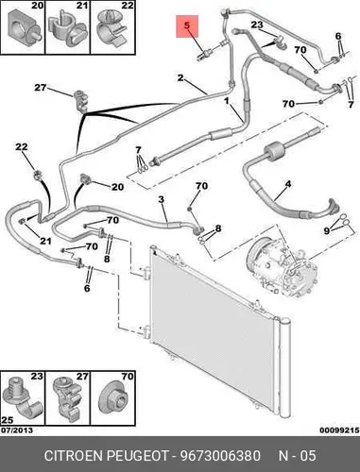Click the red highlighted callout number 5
pos(187,25)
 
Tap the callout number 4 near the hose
pos(288,184)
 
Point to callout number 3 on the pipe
pos(162,199)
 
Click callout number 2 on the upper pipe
pos(180,77)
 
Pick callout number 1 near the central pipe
pos(226,101)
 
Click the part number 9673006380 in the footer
pos(220,455)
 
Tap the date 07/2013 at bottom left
pos(17,430)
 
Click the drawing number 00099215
pos(339,430)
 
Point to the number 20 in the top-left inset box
pos(38,6)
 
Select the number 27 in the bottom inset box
pos(82,377)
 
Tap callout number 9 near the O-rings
pos(327,231)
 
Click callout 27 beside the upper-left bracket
pos(41,87)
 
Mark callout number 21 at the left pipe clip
pos(45,241)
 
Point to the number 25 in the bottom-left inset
pos(8,420)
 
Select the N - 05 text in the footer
pos(297,455)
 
